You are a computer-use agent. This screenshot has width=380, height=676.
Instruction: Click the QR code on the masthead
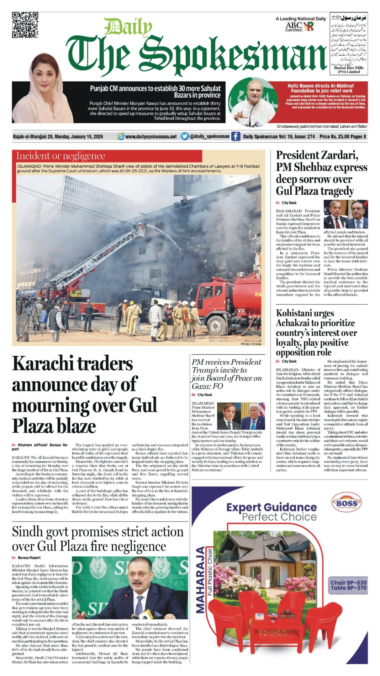click(x=25, y=25)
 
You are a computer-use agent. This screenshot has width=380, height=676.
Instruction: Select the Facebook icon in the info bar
click(x=236, y=136)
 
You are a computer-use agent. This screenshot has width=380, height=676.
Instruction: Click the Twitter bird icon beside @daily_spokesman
click(x=184, y=136)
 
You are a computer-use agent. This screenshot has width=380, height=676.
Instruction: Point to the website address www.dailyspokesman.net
click(x=151, y=137)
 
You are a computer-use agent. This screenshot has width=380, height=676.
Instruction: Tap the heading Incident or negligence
click(x=61, y=156)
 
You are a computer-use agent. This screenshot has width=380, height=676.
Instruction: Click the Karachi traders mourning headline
click(x=84, y=394)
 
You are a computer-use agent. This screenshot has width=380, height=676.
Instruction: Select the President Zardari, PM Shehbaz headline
click(x=322, y=173)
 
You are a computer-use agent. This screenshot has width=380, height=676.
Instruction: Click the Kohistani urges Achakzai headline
click(x=316, y=332)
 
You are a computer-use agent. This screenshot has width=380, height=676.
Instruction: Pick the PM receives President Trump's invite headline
click(x=227, y=374)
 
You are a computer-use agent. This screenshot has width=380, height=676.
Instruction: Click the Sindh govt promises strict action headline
click(x=97, y=539)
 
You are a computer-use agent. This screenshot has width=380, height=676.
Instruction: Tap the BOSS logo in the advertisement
click(x=346, y=503)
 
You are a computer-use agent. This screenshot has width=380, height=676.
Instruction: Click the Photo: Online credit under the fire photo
click(x=251, y=344)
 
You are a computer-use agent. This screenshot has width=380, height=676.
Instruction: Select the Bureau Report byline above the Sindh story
click(x=29, y=558)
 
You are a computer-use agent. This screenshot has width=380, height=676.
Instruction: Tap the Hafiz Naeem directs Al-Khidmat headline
click(x=320, y=88)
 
